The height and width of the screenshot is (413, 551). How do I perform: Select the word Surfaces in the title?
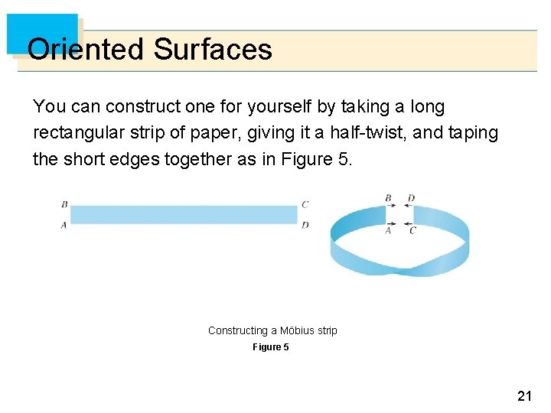(213, 50)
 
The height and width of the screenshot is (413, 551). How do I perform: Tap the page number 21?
(524, 395)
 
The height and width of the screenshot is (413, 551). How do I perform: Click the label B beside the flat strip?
(64, 204)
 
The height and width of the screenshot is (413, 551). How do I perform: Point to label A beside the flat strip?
(64, 225)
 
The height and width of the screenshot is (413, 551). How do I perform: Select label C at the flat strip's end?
(305, 204)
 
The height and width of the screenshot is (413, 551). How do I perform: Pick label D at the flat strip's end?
(305, 225)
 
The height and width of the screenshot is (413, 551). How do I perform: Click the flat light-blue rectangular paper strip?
(184, 214)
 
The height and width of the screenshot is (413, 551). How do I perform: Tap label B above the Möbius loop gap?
(388, 199)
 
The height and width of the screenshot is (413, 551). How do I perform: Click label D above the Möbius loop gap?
(411, 199)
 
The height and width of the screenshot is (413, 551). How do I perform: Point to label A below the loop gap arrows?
(388, 230)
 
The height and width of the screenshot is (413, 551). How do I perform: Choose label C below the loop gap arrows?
(412, 230)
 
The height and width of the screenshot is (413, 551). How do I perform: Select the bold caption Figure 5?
(271, 347)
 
